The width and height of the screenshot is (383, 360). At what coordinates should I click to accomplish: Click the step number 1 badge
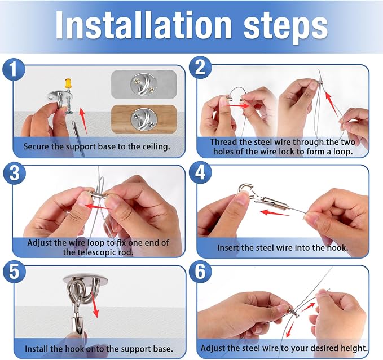14,69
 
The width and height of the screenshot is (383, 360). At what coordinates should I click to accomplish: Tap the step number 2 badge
200,68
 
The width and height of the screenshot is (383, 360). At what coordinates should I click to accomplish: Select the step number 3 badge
15,173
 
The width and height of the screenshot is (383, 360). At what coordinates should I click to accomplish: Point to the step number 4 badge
200,172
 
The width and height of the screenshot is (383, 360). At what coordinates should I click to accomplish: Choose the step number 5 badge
14,272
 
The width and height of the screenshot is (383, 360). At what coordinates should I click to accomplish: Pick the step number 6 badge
200,272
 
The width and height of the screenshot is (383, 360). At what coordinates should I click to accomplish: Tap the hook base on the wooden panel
144,119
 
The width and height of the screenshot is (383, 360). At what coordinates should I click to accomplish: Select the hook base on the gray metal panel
143,84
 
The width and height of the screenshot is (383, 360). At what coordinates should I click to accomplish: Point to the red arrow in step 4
275,213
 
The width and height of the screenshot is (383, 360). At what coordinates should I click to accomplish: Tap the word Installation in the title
143,25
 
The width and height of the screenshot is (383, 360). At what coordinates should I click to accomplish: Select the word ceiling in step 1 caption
156,147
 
